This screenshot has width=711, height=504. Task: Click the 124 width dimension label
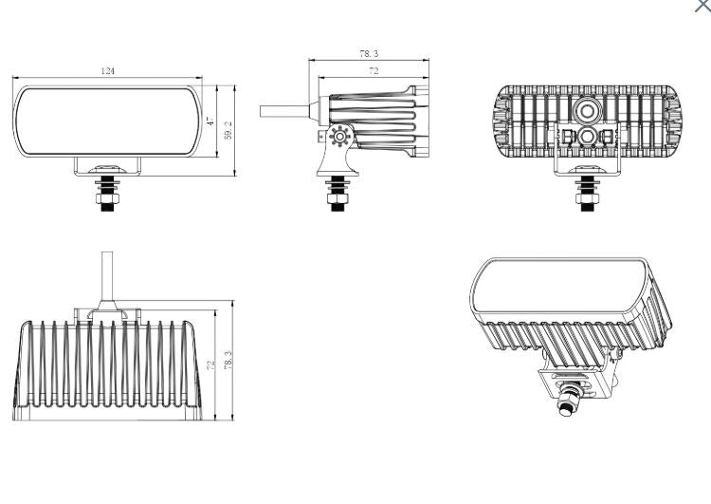(108, 71)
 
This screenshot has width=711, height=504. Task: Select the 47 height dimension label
(210, 121)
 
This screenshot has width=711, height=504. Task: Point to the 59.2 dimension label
(228, 130)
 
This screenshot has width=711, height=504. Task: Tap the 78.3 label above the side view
(369, 53)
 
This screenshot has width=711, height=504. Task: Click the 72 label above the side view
(374, 71)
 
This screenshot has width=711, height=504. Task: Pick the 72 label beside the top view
(210, 364)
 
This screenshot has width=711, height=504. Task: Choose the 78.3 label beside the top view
(228, 360)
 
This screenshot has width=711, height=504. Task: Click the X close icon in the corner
(703, 5)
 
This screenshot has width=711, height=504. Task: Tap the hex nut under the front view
(107, 199)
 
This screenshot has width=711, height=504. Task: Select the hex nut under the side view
(337, 199)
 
